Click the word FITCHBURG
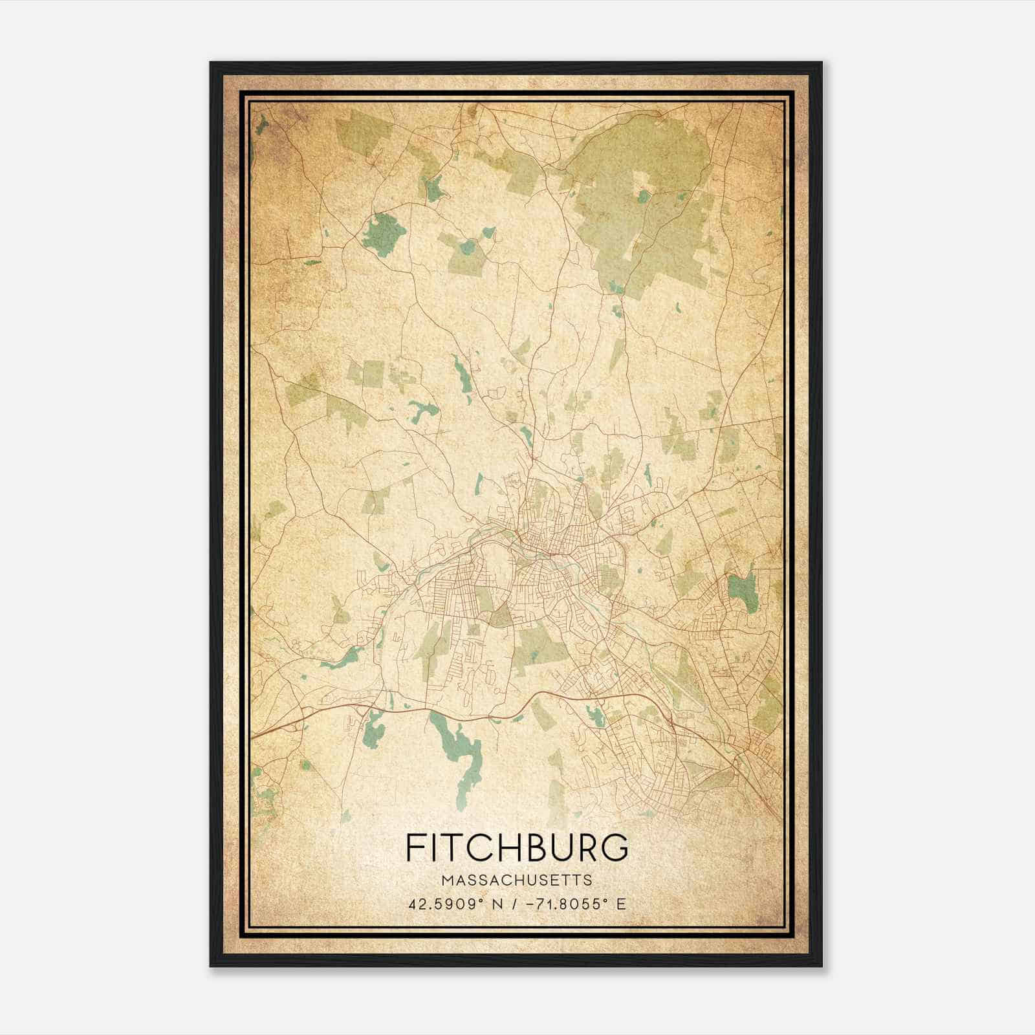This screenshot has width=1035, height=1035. [x=516, y=847]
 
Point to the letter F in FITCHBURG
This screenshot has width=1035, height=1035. [x=415, y=847]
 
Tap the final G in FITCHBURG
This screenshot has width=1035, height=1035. [x=615, y=847]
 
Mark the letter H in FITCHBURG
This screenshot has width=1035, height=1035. [x=501, y=847]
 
